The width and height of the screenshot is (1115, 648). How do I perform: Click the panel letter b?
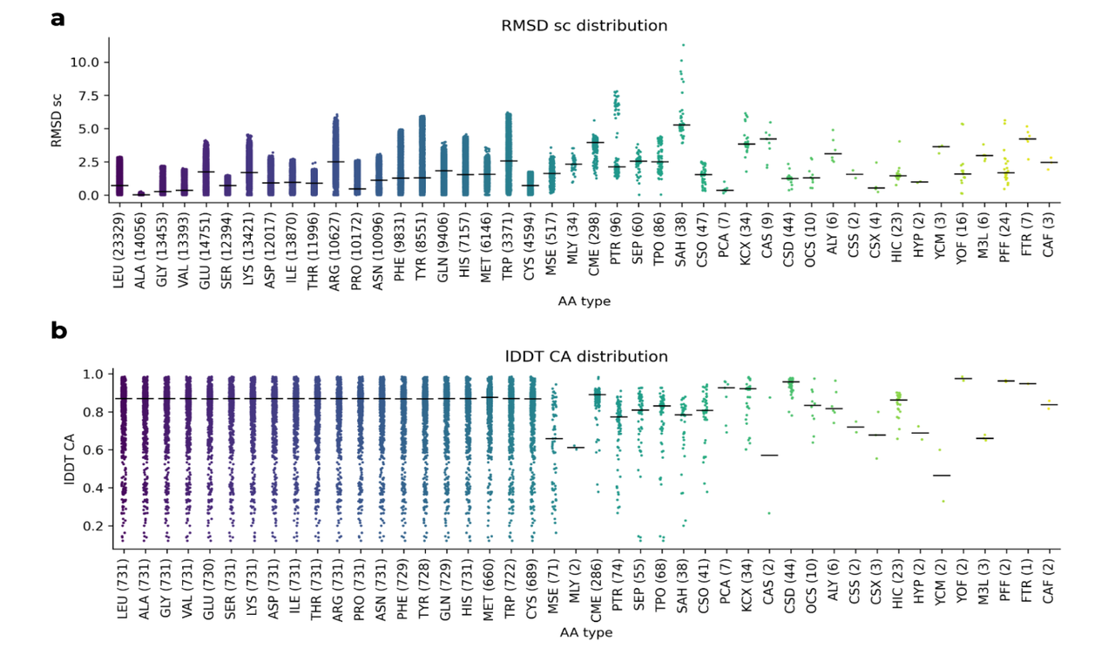[58, 331]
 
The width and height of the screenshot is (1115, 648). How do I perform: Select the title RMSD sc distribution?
[585, 25]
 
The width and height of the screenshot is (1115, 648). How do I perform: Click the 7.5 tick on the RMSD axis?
[90, 95]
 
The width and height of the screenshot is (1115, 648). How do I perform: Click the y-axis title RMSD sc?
[58, 121]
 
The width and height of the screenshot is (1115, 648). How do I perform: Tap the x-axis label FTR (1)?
[1027, 584]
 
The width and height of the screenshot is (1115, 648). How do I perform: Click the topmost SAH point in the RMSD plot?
[683, 44]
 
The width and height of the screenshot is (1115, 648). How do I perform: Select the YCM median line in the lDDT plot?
[941, 476]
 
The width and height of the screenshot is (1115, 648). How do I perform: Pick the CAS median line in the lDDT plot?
[768, 455]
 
